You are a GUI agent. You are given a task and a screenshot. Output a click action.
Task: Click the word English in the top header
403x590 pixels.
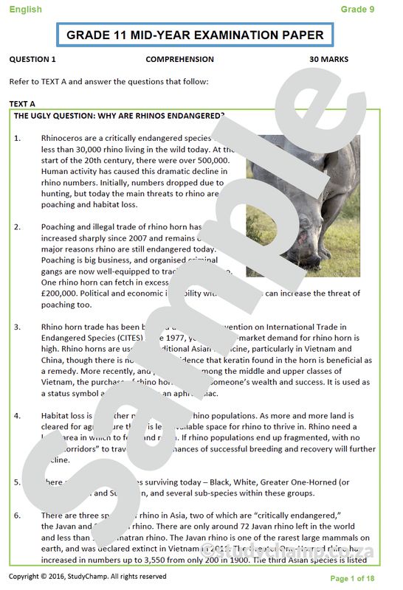coord(25,10)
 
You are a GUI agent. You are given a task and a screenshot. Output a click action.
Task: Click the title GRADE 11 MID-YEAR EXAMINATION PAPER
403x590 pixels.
coord(195,35)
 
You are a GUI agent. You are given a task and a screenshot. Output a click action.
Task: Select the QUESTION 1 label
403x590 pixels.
coord(32,60)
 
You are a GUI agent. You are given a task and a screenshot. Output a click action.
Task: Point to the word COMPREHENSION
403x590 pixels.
coord(179,60)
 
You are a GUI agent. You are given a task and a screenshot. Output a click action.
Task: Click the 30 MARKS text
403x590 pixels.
coord(328,60)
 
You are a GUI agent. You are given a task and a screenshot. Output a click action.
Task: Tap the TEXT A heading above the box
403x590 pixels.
coord(22,104)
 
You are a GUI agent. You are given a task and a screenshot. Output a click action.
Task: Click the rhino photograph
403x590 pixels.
coord(303,205)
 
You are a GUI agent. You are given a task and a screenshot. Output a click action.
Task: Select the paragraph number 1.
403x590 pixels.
coord(18,138)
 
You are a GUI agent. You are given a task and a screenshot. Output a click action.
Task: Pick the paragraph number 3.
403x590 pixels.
coord(18,326)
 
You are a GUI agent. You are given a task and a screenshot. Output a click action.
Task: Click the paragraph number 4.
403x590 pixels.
coord(18,416)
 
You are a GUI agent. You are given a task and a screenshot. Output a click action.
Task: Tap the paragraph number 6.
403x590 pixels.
coord(18,516)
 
